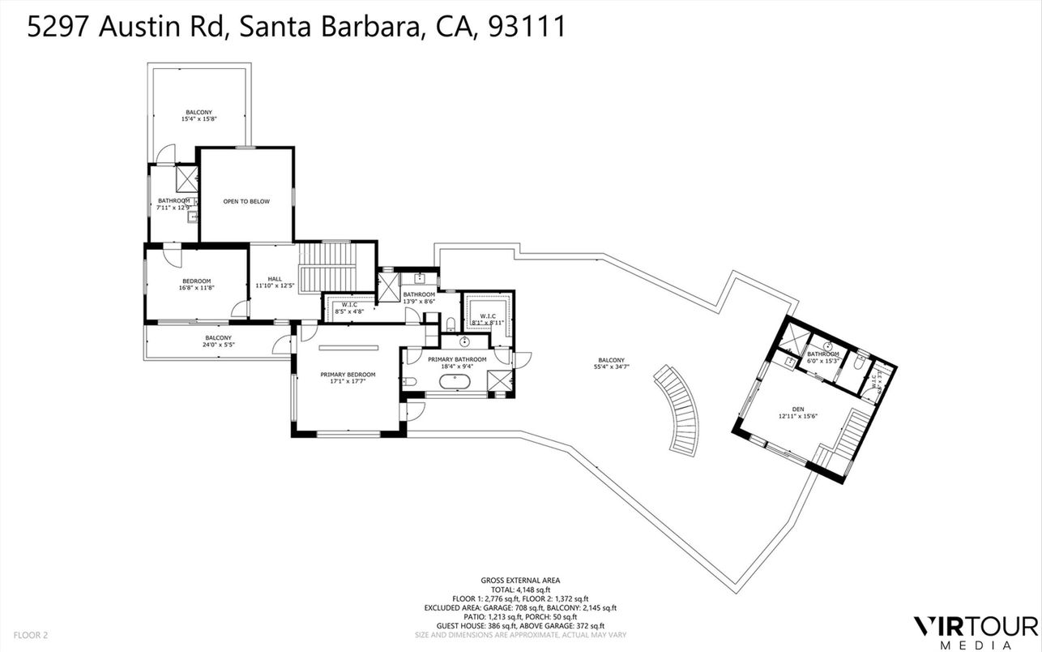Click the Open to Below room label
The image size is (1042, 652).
(246, 201)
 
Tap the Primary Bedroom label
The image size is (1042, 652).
(348, 375)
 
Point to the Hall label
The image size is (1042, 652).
(274, 277)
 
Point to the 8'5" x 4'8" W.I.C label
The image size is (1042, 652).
(348, 310)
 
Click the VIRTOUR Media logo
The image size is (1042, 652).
(975, 631)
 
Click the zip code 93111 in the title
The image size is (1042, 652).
(527, 27)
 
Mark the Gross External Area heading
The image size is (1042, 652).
(520, 580)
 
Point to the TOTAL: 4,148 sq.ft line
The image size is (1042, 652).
(520, 590)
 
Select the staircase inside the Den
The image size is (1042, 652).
(851, 442)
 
